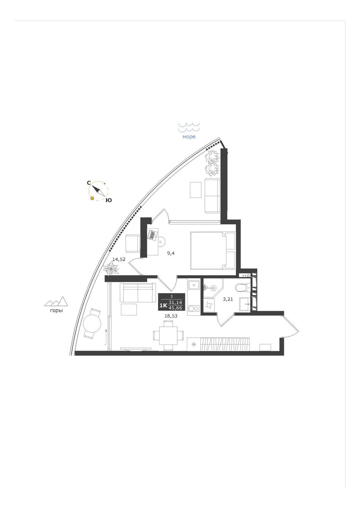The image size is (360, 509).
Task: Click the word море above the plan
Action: pyautogui.click(x=189, y=137)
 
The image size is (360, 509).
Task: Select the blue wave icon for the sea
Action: pyautogui.click(x=189, y=127)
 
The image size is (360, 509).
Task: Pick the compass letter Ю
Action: pyautogui.click(x=109, y=200)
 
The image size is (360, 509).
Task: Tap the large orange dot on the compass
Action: pyautogui.click(x=92, y=198)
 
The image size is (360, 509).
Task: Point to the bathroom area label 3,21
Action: pyautogui.click(x=228, y=299)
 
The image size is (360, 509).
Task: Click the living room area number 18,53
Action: pyautogui.click(x=171, y=316)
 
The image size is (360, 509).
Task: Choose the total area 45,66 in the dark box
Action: pyautogui.click(x=175, y=308)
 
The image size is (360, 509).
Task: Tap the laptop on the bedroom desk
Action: pyautogui.click(x=152, y=235)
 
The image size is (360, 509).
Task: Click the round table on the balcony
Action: pyautogui.click(x=92, y=324)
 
